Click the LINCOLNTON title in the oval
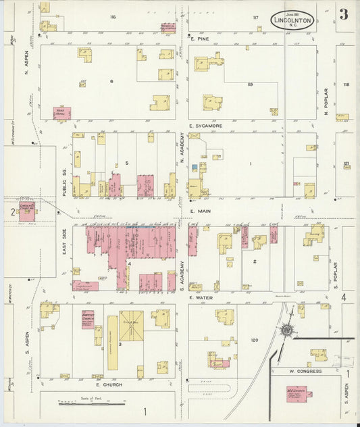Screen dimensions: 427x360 pyautogui.click(x=292, y=20)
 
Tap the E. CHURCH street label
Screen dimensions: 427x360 pyautogui.click(x=107, y=384)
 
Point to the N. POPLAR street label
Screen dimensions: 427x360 pyautogui.click(x=325, y=103)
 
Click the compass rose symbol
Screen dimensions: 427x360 pyautogui.click(x=288, y=330)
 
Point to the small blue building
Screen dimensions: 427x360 pyautogui.click(x=195, y=166)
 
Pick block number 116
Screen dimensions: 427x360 pyautogui.click(x=113, y=16)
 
